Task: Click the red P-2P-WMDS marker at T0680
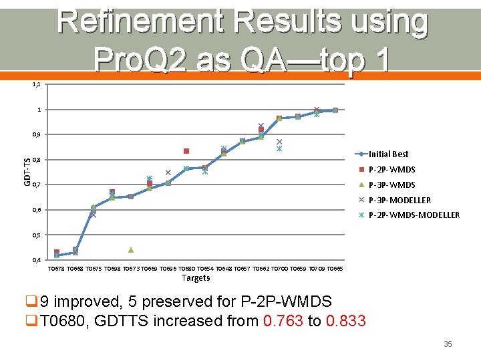click(x=186, y=151)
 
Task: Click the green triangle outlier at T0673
click(x=131, y=250)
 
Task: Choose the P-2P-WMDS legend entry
click(x=391, y=169)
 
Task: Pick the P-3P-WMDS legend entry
click(x=391, y=185)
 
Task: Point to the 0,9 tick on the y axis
click(x=37, y=134)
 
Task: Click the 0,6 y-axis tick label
click(x=37, y=210)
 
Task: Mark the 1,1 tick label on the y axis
click(x=37, y=84)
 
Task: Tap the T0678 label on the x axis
click(x=57, y=268)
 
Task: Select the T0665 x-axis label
click(x=335, y=268)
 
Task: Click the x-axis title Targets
click(x=196, y=278)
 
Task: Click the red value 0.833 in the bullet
click(x=345, y=321)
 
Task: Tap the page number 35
click(x=448, y=344)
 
